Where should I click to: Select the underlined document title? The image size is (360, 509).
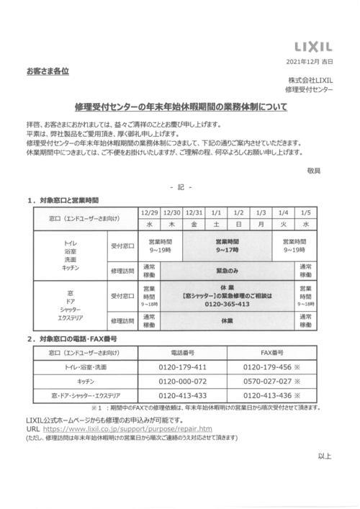pos(180,106)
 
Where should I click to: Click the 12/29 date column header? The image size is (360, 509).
pos(150,212)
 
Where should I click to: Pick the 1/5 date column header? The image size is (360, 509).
pos(306,212)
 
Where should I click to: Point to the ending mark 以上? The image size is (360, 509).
pos(324,476)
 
